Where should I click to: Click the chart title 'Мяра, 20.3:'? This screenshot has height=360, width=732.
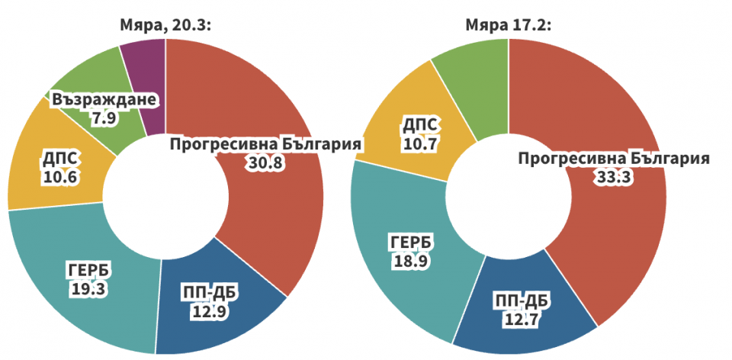tap(165, 26)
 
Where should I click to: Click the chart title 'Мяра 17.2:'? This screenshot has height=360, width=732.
tap(509, 26)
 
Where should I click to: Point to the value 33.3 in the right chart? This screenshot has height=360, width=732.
tap(614, 177)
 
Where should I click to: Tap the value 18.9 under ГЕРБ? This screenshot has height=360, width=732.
tap(412, 261)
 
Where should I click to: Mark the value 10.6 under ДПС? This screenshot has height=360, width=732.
tap(59, 176)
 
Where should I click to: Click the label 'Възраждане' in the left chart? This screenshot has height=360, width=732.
tap(104, 100)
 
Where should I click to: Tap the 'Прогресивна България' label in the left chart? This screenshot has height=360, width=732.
tap(265, 144)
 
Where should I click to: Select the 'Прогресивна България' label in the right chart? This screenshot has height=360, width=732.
tap(614, 159)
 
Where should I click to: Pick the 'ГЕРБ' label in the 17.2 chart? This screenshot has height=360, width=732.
tap(412, 243)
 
